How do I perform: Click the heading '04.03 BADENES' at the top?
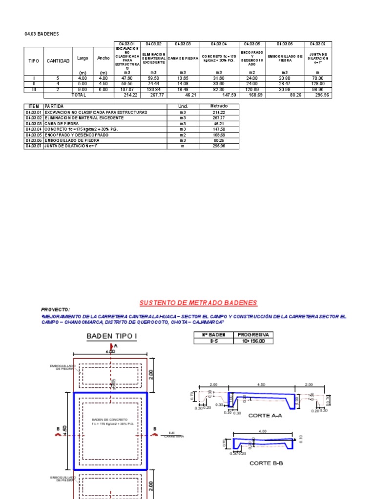point(42,34)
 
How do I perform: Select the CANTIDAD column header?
point(58,60)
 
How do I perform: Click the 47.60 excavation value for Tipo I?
point(127,78)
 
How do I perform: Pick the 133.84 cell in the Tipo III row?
point(153,90)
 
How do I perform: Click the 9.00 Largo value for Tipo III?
point(82,90)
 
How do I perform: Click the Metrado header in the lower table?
point(219,106)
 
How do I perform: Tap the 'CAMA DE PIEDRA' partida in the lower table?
point(62,124)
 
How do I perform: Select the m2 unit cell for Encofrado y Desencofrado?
point(183,134)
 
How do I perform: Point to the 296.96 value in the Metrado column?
point(219,146)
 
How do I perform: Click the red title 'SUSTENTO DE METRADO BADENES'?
point(198,303)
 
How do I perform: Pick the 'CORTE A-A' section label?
point(266,416)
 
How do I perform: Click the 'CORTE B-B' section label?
point(266,463)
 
